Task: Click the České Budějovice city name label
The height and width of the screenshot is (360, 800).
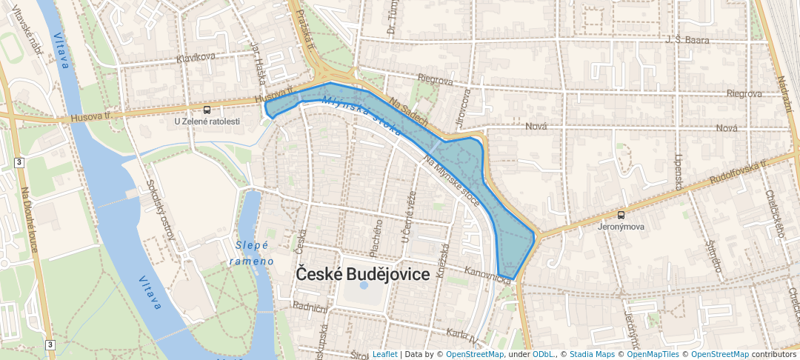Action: (x=363, y=273)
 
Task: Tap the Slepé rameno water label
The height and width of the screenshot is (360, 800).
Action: (x=251, y=253)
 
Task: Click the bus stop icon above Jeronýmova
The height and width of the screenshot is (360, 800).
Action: (x=621, y=215)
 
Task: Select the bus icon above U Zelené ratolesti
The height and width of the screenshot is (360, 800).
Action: (x=207, y=110)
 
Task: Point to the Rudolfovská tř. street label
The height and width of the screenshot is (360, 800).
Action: (x=736, y=174)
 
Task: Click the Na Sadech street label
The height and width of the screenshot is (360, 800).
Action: (x=408, y=113)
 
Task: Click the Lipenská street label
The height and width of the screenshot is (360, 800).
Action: (x=678, y=173)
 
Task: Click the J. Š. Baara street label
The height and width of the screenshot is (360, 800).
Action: (x=687, y=40)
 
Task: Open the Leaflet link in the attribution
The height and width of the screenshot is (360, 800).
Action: (x=384, y=355)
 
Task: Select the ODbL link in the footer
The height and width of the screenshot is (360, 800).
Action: (x=544, y=355)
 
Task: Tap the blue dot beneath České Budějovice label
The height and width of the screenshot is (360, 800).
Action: (x=363, y=285)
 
